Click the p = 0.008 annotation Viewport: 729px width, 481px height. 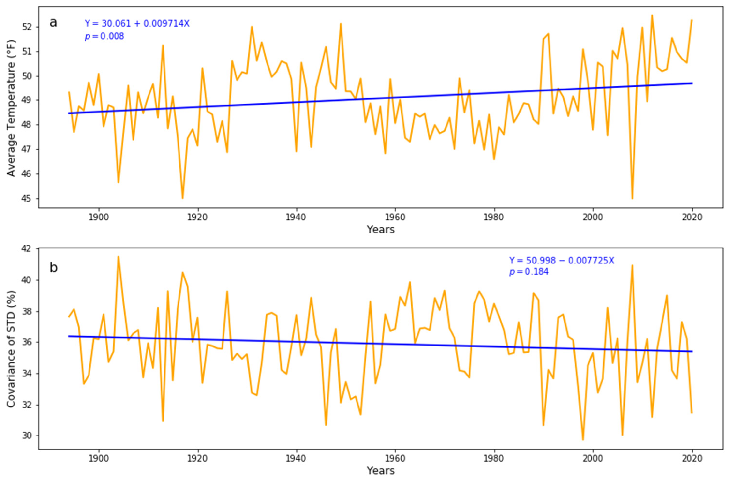(x=104, y=37)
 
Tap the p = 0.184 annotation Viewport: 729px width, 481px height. (x=529, y=272)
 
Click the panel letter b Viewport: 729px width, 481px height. (x=53, y=268)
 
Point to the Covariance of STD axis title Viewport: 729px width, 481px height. (x=11, y=349)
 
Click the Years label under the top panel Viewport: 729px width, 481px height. (x=381, y=229)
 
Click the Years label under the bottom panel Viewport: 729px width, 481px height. (x=381, y=471)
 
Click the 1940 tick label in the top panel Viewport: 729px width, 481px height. (x=296, y=217)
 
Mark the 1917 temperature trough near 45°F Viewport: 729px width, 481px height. (x=182, y=198)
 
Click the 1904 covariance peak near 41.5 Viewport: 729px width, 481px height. (x=118, y=257)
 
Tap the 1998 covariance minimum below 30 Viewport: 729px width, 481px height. (x=583, y=440)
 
